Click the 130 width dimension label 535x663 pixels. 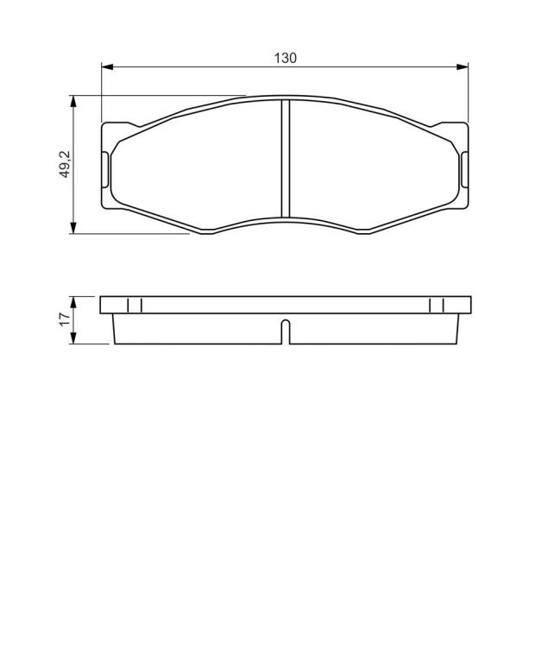pyautogui.click(x=286, y=58)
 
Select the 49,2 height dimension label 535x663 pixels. pyautogui.click(x=66, y=164)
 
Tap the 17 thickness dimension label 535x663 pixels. pyautogui.click(x=65, y=319)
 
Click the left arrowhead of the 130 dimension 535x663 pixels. pyautogui.click(x=107, y=66)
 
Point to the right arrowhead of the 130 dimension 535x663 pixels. pyautogui.click(x=463, y=66)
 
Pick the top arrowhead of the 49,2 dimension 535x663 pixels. pyautogui.click(x=73, y=102)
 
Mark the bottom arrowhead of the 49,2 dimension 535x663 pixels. pyautogui.click(x=73, y=228)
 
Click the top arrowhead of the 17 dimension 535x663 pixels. pyautogui.click(x=73, y=302)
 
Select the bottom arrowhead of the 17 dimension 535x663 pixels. pyautogui.click(x=73, y=338)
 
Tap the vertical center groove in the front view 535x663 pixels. pyautogui.click(x=286, y=159)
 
